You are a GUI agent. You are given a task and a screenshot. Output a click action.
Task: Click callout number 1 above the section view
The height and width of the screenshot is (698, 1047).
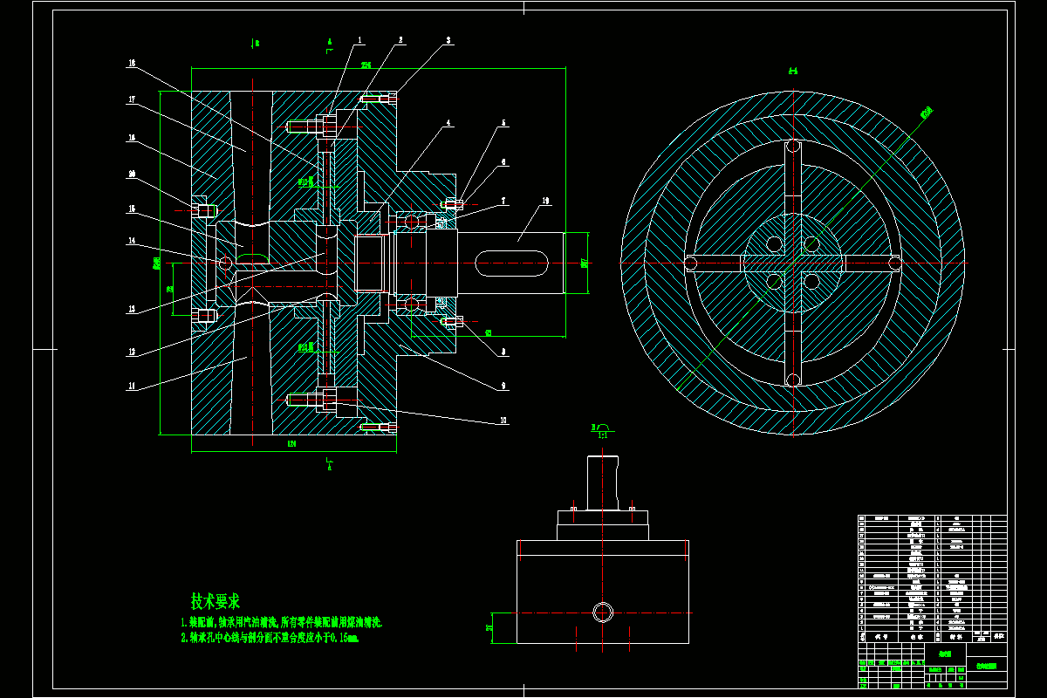click(359, 40)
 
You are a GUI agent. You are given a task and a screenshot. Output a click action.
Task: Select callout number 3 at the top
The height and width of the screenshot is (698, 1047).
click(448, 40)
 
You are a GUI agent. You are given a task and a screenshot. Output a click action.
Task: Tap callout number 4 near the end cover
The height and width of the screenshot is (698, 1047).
click(449, 124)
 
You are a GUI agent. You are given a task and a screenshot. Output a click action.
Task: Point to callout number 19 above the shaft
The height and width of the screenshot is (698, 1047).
click(545, 202)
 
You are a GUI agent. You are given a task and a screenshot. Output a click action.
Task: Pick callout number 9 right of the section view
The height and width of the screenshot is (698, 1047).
click(504, 385)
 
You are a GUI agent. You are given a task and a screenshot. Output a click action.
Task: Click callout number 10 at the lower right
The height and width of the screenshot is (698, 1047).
click(503, 421)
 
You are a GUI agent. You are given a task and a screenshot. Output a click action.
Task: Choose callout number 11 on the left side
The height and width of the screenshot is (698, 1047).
click(132, 385)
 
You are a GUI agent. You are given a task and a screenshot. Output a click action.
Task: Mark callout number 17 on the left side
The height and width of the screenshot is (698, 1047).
click(132, 99)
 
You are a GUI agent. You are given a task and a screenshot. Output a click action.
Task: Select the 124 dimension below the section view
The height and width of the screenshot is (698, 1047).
click(292, 444)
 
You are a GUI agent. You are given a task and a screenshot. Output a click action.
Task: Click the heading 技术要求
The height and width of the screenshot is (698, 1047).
click(216, 601)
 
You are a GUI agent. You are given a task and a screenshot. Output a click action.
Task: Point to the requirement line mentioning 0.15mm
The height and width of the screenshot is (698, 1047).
click(270, 638)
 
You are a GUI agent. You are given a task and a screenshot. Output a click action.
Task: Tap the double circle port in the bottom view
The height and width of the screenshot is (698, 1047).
click(603, 611)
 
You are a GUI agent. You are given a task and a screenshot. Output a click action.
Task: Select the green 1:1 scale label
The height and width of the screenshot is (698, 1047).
click(603, 434)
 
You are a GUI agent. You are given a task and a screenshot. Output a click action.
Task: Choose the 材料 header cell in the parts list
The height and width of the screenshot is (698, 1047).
click(956, 637)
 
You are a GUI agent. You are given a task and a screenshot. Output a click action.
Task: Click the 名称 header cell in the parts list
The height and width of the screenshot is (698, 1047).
click(915, 637)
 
